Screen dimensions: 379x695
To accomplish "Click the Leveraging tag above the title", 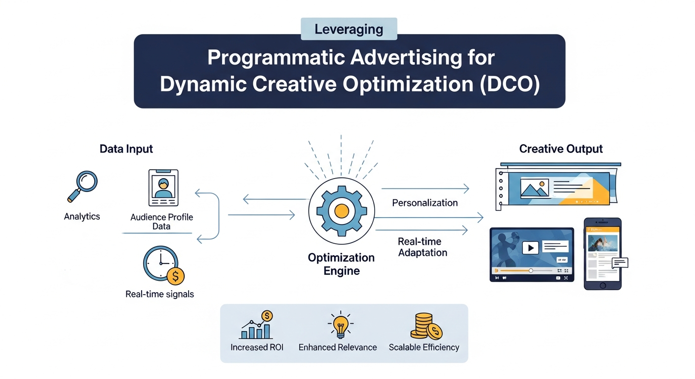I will pyautogui.click(x=348, y=29).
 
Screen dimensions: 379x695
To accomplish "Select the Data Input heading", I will pyautogui.click(x=126, y=149).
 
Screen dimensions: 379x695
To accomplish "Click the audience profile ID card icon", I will pyautogui.click(x=163, y=188).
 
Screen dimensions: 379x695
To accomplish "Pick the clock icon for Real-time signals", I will pyautogui.click(x=160, y=264).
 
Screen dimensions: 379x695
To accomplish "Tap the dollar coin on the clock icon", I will pyautogui.click(x=175, y=276).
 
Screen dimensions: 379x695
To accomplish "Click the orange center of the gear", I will pyautogui.click(x=341, y=211).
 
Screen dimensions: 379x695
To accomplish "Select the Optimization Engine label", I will pyautogui.click(x=341, y=264).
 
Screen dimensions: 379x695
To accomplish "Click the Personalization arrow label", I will pyautogui.click(x=425, y=203).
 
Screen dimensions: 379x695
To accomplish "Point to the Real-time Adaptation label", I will pyautogui.click(x=423, y=247).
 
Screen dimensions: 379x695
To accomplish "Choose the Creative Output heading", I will pyautogui.click(x=561, y=149).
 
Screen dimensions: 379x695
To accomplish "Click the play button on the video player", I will pyautogui.click(x=530, y=247).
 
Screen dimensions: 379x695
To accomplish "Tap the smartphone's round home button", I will pyautogui.click(x=602, y=285).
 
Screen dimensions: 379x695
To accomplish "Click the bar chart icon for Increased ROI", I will pyautogui.click(x=256, y=327).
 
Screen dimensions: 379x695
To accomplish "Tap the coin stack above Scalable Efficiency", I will pyautogui.click(x=425, y=327).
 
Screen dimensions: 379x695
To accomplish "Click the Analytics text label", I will pyautogui.click(x=82, y=216).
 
